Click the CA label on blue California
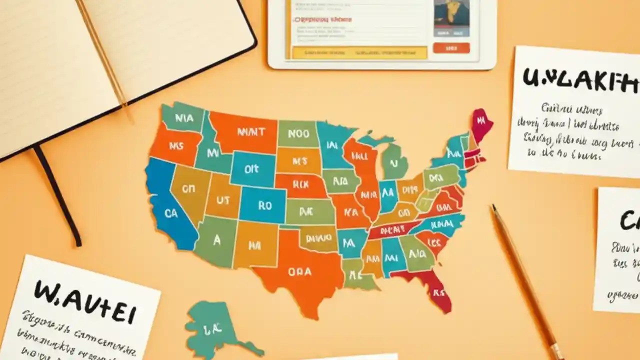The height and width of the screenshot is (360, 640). (171, 213)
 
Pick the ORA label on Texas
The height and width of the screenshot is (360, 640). (299, 272)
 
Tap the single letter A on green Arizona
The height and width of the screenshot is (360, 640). (216, 240)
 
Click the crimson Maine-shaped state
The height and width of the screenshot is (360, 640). (481, 123)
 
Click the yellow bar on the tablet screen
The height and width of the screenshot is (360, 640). (359, 52)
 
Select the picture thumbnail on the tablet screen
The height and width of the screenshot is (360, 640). (451, 17)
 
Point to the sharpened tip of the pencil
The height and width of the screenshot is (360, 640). (494, 207)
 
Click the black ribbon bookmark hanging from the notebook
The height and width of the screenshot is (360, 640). (57, 195)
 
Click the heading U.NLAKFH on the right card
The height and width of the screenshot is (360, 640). (580, 80)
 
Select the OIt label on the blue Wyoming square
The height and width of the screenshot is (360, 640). (251, 169)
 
